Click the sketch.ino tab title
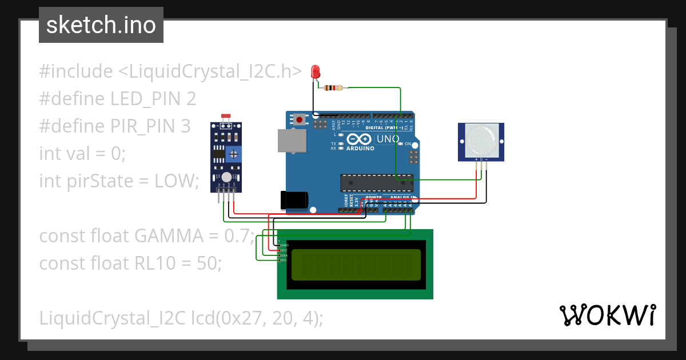[101, 25]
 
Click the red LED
[315, 71]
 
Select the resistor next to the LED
[333, 88]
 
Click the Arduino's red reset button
[299, 120]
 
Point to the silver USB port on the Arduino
[292, 140]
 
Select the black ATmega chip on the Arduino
[376, 182]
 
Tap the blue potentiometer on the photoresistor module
[233, 154]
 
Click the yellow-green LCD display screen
[356, 265]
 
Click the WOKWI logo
[607, 315]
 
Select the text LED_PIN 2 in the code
[153, 99]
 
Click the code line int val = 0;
[82, 153]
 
